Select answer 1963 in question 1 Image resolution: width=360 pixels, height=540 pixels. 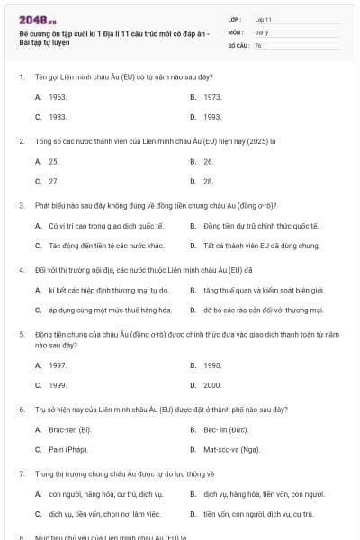coord(58,96)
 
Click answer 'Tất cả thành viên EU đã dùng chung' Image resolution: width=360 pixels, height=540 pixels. coord(261,246)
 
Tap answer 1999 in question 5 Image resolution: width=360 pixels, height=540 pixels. coord(58,385)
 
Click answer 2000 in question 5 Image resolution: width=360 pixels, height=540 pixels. coord(212,385)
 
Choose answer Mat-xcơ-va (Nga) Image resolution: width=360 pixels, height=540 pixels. coord(231,449)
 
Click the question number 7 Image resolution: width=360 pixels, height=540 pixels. coord(21,473)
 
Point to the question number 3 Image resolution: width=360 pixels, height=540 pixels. coord(21,205)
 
